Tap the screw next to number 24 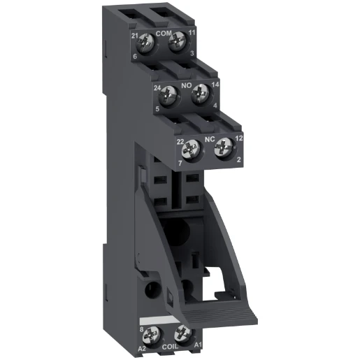168,94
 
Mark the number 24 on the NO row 158,89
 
